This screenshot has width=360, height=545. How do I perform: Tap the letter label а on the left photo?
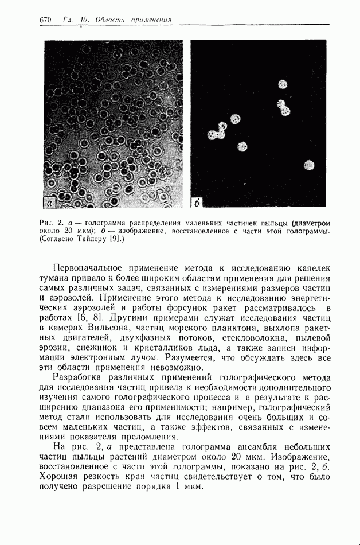pyautogui.click(x=50, y=202)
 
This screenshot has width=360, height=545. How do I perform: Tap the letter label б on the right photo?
pyautogui.click(x=197, y=202)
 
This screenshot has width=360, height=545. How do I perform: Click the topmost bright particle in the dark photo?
pyautogui.click(x=282, y=84)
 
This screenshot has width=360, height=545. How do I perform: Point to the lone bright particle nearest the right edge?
pyautogui.click(x=310, y=166)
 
